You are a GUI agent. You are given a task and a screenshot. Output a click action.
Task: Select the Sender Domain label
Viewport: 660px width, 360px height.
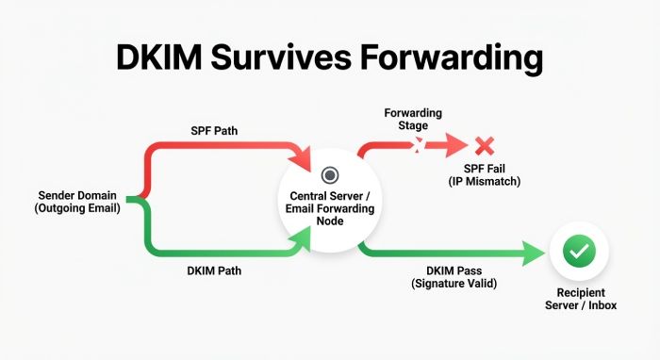(x=74, y=195)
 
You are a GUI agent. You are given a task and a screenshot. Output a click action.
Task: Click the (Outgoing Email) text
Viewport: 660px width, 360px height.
(x=74, y=208)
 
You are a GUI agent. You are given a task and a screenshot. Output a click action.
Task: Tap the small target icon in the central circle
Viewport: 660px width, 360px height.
(x=330, y=174)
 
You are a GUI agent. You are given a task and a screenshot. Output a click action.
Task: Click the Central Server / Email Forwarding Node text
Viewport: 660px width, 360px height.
(x=330, y=208)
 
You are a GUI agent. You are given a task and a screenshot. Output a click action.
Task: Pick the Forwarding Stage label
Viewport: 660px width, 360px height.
(x=413, y=120)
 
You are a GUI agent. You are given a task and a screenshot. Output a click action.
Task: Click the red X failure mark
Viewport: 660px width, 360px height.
(x=485, y=145)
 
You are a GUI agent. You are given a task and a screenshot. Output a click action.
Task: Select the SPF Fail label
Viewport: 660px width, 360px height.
(x=484, y=167)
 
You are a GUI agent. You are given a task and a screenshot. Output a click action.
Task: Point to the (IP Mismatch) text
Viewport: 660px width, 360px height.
(x=484, y=180)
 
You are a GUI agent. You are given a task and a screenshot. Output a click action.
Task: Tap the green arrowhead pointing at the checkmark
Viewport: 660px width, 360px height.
(x=539, y=252)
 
